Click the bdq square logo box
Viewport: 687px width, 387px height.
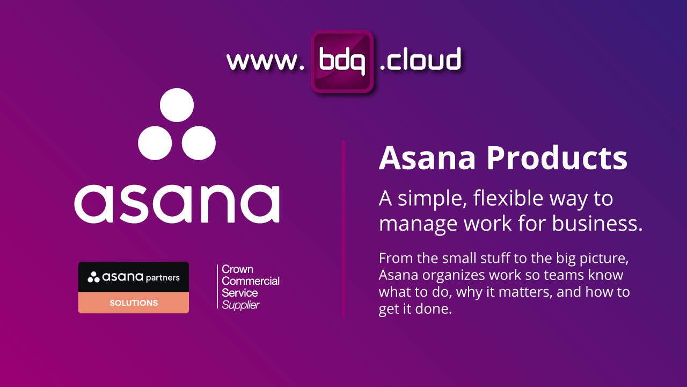[x=342, y=61]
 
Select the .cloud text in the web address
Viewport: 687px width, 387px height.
[x=420, y=60]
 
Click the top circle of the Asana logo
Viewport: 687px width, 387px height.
[x=177, y=105]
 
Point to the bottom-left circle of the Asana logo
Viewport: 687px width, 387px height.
[x=155, y=143]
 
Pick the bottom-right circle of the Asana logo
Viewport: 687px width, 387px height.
[x=199, y=143]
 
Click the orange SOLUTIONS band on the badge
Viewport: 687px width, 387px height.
[x=134, y=303]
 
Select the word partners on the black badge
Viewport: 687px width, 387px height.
[x=163, y=277]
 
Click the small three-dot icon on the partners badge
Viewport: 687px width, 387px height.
[x=93, y=277]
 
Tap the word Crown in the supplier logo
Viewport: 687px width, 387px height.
[x=237, y=269]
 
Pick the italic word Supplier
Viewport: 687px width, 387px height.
[x=240, y=305]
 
